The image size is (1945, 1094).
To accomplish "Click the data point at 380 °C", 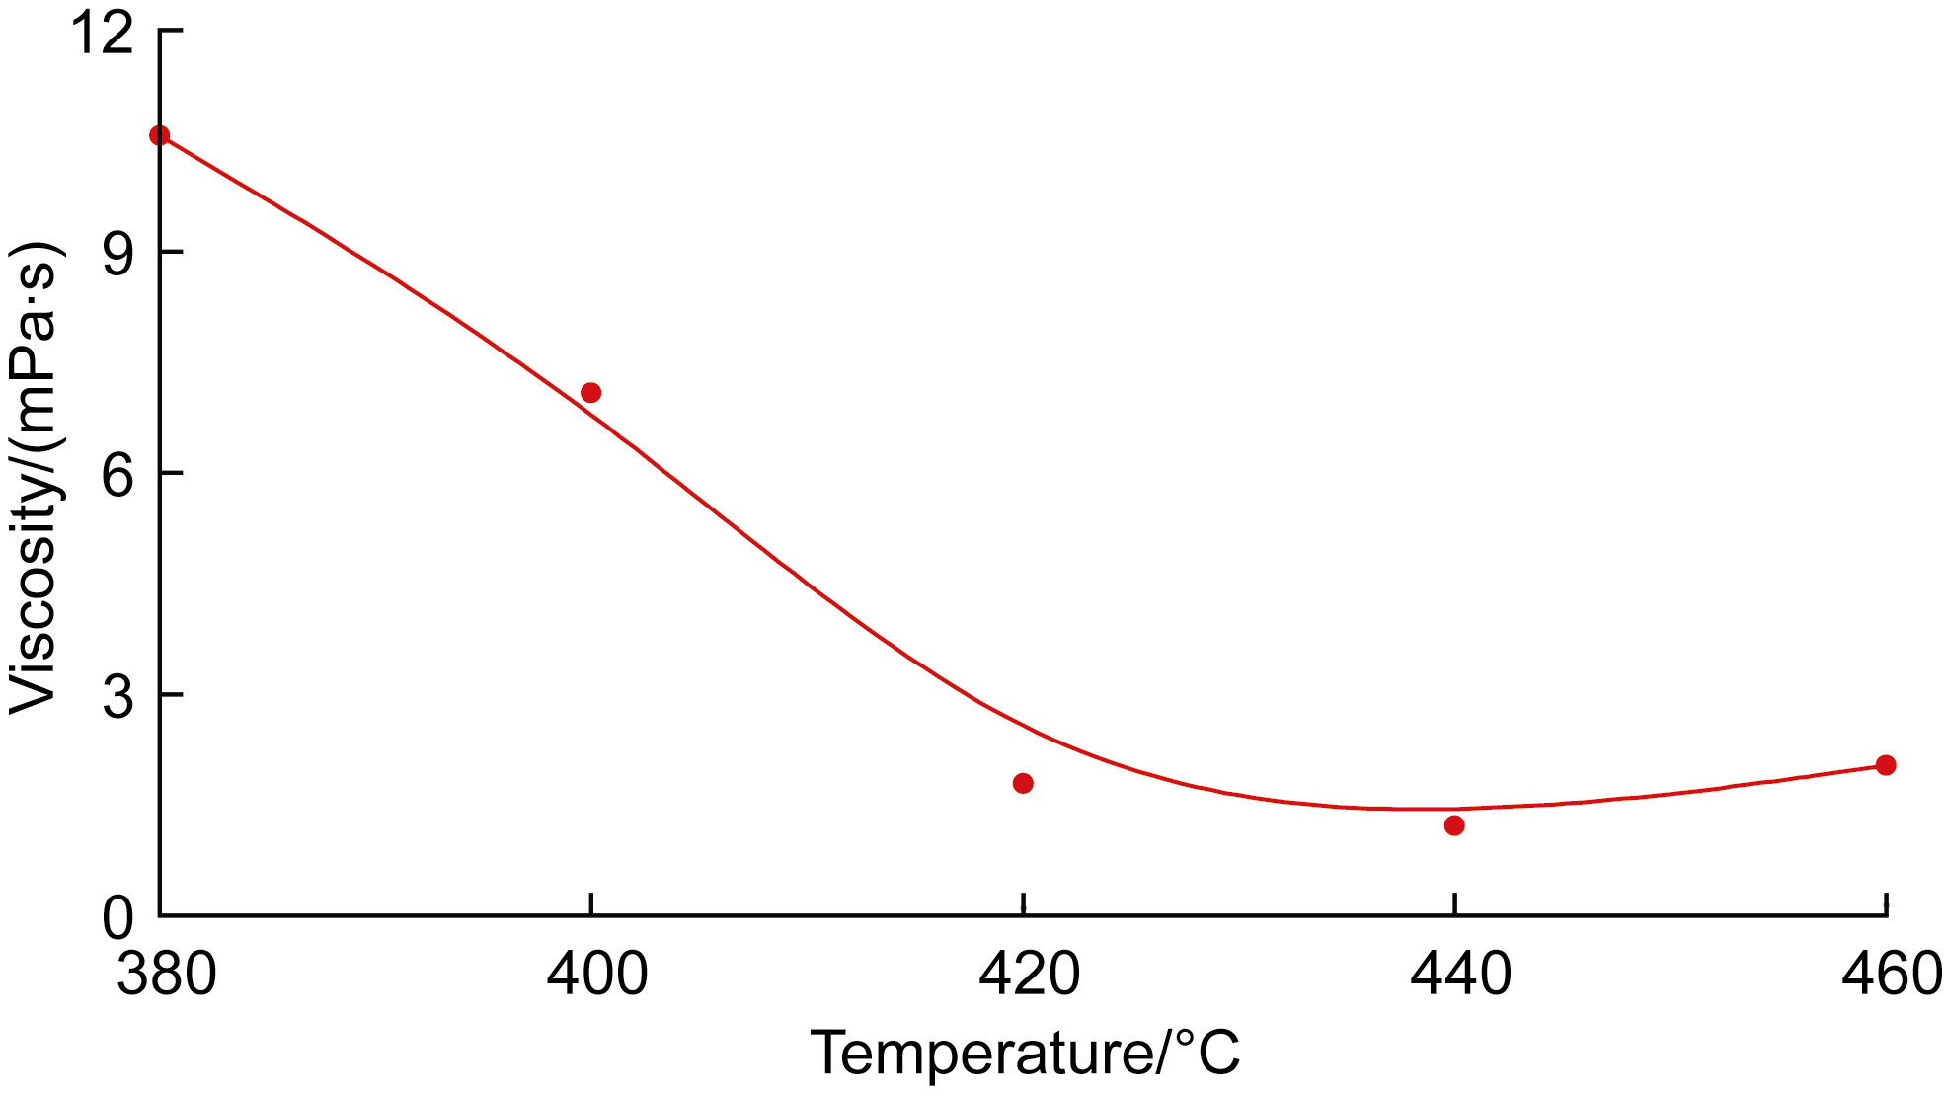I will coord(159,135).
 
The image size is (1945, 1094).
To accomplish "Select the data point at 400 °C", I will coord(590,393).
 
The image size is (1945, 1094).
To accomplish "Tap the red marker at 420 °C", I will coord(1023,783).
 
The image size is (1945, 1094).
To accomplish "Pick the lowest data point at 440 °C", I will coord(1454,825).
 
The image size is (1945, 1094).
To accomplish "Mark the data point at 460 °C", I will coord(1886,765).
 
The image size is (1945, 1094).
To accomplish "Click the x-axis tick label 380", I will coord(166,976).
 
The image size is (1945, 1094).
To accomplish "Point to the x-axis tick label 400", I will coord(597,976).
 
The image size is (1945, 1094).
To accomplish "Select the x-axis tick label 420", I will coord(1029,976).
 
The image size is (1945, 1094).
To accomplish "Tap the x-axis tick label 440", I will coord(1460,976).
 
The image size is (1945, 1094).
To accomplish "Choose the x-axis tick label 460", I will coord(1890,976).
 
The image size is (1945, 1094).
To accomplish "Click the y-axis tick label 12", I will coord(102,34).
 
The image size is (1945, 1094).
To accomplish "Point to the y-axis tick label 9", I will coord(117,255).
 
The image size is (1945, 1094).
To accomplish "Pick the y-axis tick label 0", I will coord(117,918).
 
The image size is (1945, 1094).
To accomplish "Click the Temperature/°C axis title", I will coord(1025,1054).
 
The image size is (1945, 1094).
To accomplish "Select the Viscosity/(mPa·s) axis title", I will coord(36,476).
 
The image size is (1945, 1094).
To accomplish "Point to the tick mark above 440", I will coord(1454,904).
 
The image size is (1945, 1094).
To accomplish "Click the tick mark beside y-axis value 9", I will coord(171,252).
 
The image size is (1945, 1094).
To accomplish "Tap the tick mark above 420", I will coord(1023,904).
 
